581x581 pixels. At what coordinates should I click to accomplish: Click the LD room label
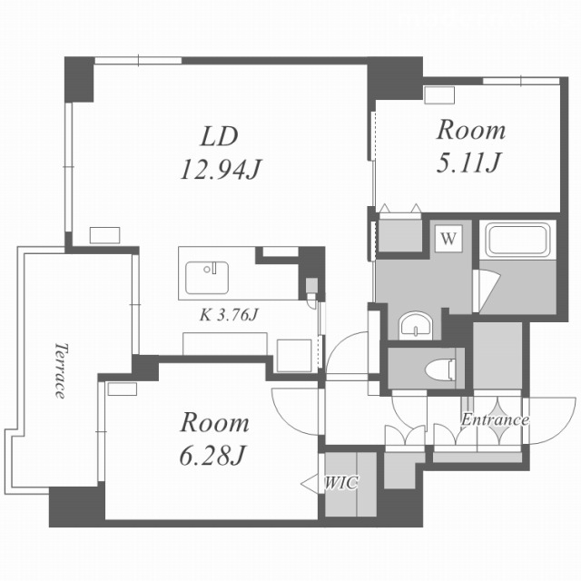click(219, 137)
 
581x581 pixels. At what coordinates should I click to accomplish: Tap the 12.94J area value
click(221, 170)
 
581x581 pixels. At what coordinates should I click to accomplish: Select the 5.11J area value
click(468, 162)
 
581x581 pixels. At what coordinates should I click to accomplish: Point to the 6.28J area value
click(212, 455)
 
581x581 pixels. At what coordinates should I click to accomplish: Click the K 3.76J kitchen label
click(229, 315)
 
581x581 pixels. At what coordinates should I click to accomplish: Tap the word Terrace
click(61, 370)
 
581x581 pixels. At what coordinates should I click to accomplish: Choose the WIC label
click(341, 482)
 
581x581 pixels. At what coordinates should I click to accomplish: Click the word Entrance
click(495, 419)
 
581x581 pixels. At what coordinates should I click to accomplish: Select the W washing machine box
click(448, 238)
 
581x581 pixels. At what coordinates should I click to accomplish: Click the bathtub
click(517, 240)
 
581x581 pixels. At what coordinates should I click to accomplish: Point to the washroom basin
click(416, 327)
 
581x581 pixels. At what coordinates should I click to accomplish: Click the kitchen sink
click(207, 278)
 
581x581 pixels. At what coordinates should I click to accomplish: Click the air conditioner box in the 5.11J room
click(439, 94)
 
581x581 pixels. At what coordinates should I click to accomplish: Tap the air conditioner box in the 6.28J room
click(123, 389)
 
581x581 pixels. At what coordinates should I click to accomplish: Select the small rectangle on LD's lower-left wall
click(105, 235)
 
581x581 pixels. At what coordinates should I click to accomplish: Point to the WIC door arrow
click(310, 484)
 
